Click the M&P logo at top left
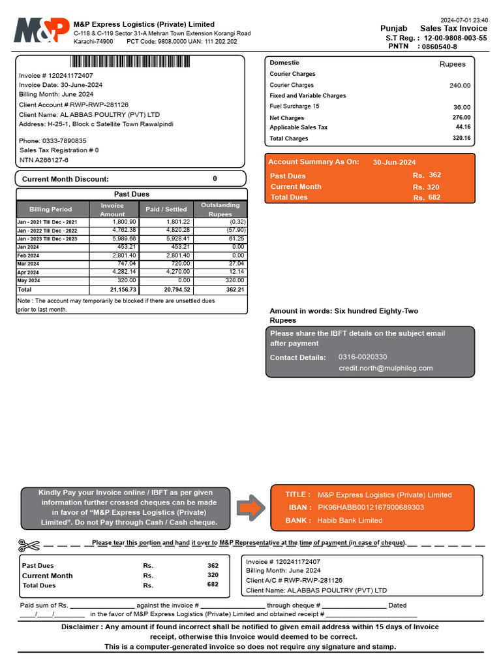tap(42, 31)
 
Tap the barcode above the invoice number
tap(130, 62)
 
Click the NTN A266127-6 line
tap(44, 160)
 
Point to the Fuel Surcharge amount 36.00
tap(462, 107)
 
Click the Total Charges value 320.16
tap(462, 139)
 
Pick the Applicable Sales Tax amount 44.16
tap(463, 127)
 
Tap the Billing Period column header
tap(51, 209)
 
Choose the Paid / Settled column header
tap(166, 209)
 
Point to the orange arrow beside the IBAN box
tap(250, 508)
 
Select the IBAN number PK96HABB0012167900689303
tap(371, 508)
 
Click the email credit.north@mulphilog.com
tap(386, 368)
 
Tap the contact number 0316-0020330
tap(363, 357)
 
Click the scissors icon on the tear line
tap(29, 544)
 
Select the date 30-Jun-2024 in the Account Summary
tap(394, 163)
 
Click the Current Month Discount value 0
tap(215, 178)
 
